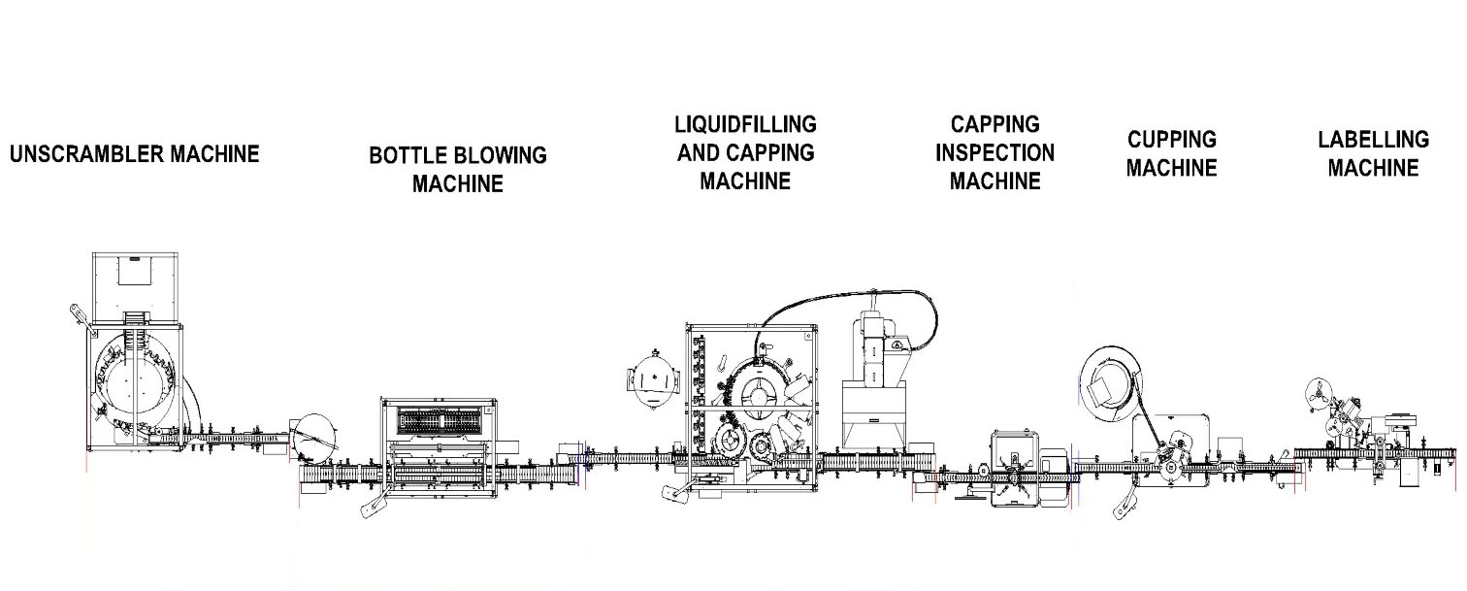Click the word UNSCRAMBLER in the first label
(x=87, y=154)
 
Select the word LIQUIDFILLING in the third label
(x=745, y=124)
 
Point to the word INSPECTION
(x=994, y=152)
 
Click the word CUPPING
(x=1172, y=139)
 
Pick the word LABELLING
(x=1373, y=139)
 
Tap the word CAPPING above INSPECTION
(x=994, y=124)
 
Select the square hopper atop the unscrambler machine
(x=136, y=287)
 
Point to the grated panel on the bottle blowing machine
(x=440, y=421)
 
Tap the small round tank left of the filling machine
(x=652, y=380)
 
